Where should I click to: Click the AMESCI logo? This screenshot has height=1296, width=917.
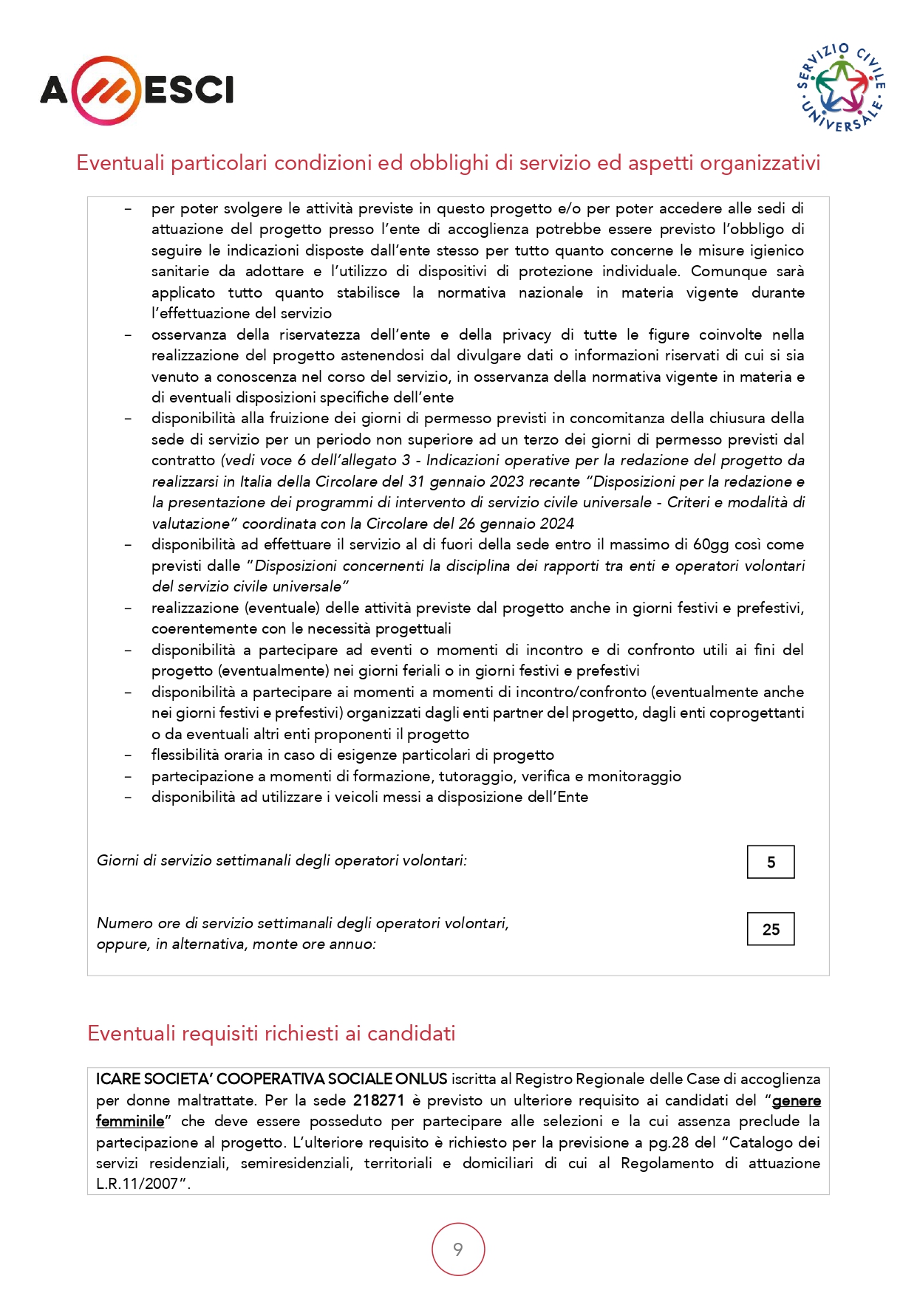click(x=137, y=90)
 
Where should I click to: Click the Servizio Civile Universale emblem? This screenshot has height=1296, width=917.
click(x=842, y=88)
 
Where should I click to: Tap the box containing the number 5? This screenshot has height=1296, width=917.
click(x=771, y=862)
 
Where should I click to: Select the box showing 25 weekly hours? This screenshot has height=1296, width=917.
click(x=771, y=929)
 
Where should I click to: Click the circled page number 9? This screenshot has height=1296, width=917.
click(x=458, y=1249)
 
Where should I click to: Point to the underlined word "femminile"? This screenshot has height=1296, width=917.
click(x=130, y=1121)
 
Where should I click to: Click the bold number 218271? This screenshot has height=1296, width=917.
click(x=378, y=1100)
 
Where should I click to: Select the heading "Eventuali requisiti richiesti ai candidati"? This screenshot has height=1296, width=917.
click(x=271, y=1033)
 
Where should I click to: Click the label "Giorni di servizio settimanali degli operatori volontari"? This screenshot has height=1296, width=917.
click(x=282, y=860)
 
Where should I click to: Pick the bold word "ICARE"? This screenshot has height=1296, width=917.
click(x=117, y=1079)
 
